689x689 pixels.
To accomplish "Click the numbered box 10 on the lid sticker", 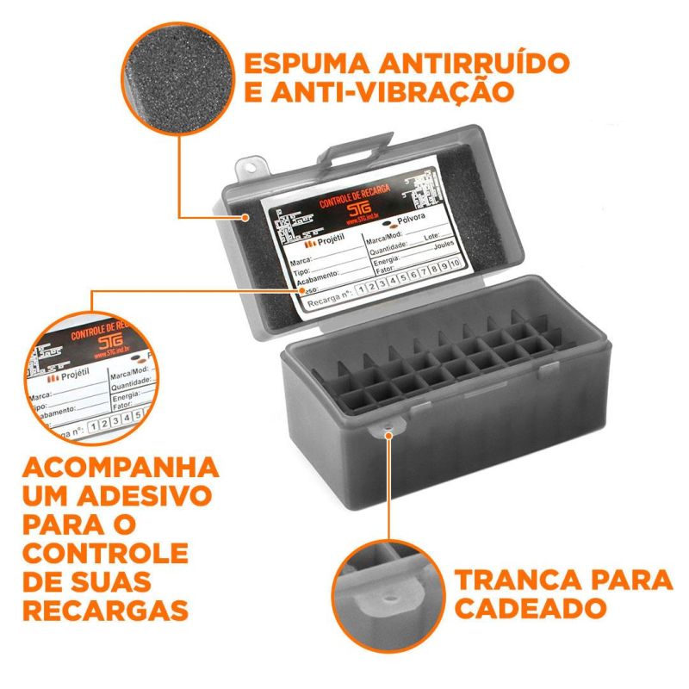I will [456, 263].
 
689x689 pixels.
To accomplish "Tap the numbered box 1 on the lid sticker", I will [362, 289].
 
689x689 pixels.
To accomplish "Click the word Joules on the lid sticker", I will [444, 244].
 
